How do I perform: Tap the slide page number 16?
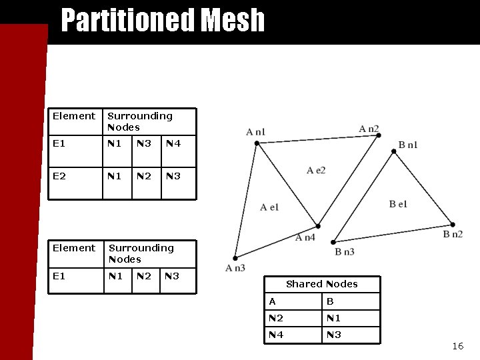click(457, 346)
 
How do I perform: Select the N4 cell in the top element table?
click(173, 143)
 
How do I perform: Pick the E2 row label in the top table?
click(59, 177)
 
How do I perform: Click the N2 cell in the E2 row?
click(144, 177)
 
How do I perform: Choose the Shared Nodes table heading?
click(321, 284)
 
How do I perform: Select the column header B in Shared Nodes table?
click(329, 302)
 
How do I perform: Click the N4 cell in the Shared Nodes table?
click(276, 335)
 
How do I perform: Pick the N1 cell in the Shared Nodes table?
click(333, 318)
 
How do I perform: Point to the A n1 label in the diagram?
click(255, 132)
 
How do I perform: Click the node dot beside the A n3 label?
click(235, 258)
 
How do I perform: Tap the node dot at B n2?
click(453, 225)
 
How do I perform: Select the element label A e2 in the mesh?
click(316, 171)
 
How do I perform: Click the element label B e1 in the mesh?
click(398, 204)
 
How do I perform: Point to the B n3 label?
click(344, 251)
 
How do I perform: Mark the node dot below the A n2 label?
click(378, 135)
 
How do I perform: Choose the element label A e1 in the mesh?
click(269, 207)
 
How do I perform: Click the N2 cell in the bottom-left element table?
click(144, 276)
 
